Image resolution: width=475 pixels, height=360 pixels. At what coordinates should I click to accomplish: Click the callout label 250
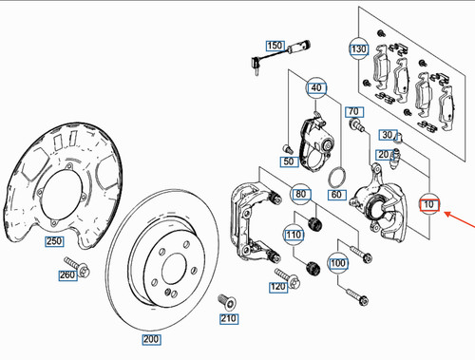[x=54, y=242]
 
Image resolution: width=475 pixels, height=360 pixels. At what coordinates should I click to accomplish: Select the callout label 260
[x=66, y=276]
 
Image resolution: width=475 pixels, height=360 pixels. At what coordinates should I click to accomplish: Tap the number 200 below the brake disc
[x=151, y=339]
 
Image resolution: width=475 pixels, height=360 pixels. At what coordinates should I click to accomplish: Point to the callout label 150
[x=275, y=46]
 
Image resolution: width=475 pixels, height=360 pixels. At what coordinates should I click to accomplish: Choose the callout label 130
[x=358, y=48]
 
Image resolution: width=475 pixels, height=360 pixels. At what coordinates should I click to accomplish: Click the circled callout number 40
[x=316, y=90]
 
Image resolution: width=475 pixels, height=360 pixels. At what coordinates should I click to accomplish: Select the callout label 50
[x=288, y=162]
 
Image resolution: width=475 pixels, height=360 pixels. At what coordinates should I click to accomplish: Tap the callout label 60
[x=335, y=194]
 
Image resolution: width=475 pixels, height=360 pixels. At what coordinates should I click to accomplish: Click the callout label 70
[x=351, y=112]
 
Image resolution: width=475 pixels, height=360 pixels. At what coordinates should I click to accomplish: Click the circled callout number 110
[x=294, y=235]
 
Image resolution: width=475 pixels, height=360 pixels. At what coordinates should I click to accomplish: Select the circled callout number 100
[x=338, y=261]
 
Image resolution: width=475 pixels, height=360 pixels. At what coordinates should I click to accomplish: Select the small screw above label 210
[x=227, y=300]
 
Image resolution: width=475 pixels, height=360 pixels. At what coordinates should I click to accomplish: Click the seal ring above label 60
[x=335, y=176]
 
